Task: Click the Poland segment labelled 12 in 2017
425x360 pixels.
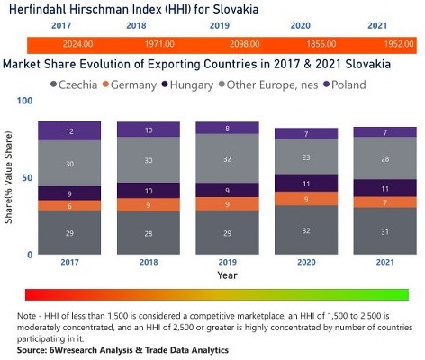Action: point(68,131)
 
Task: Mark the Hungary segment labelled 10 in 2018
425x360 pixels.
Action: point(148,191)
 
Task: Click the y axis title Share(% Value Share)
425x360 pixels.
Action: point(8,180)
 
